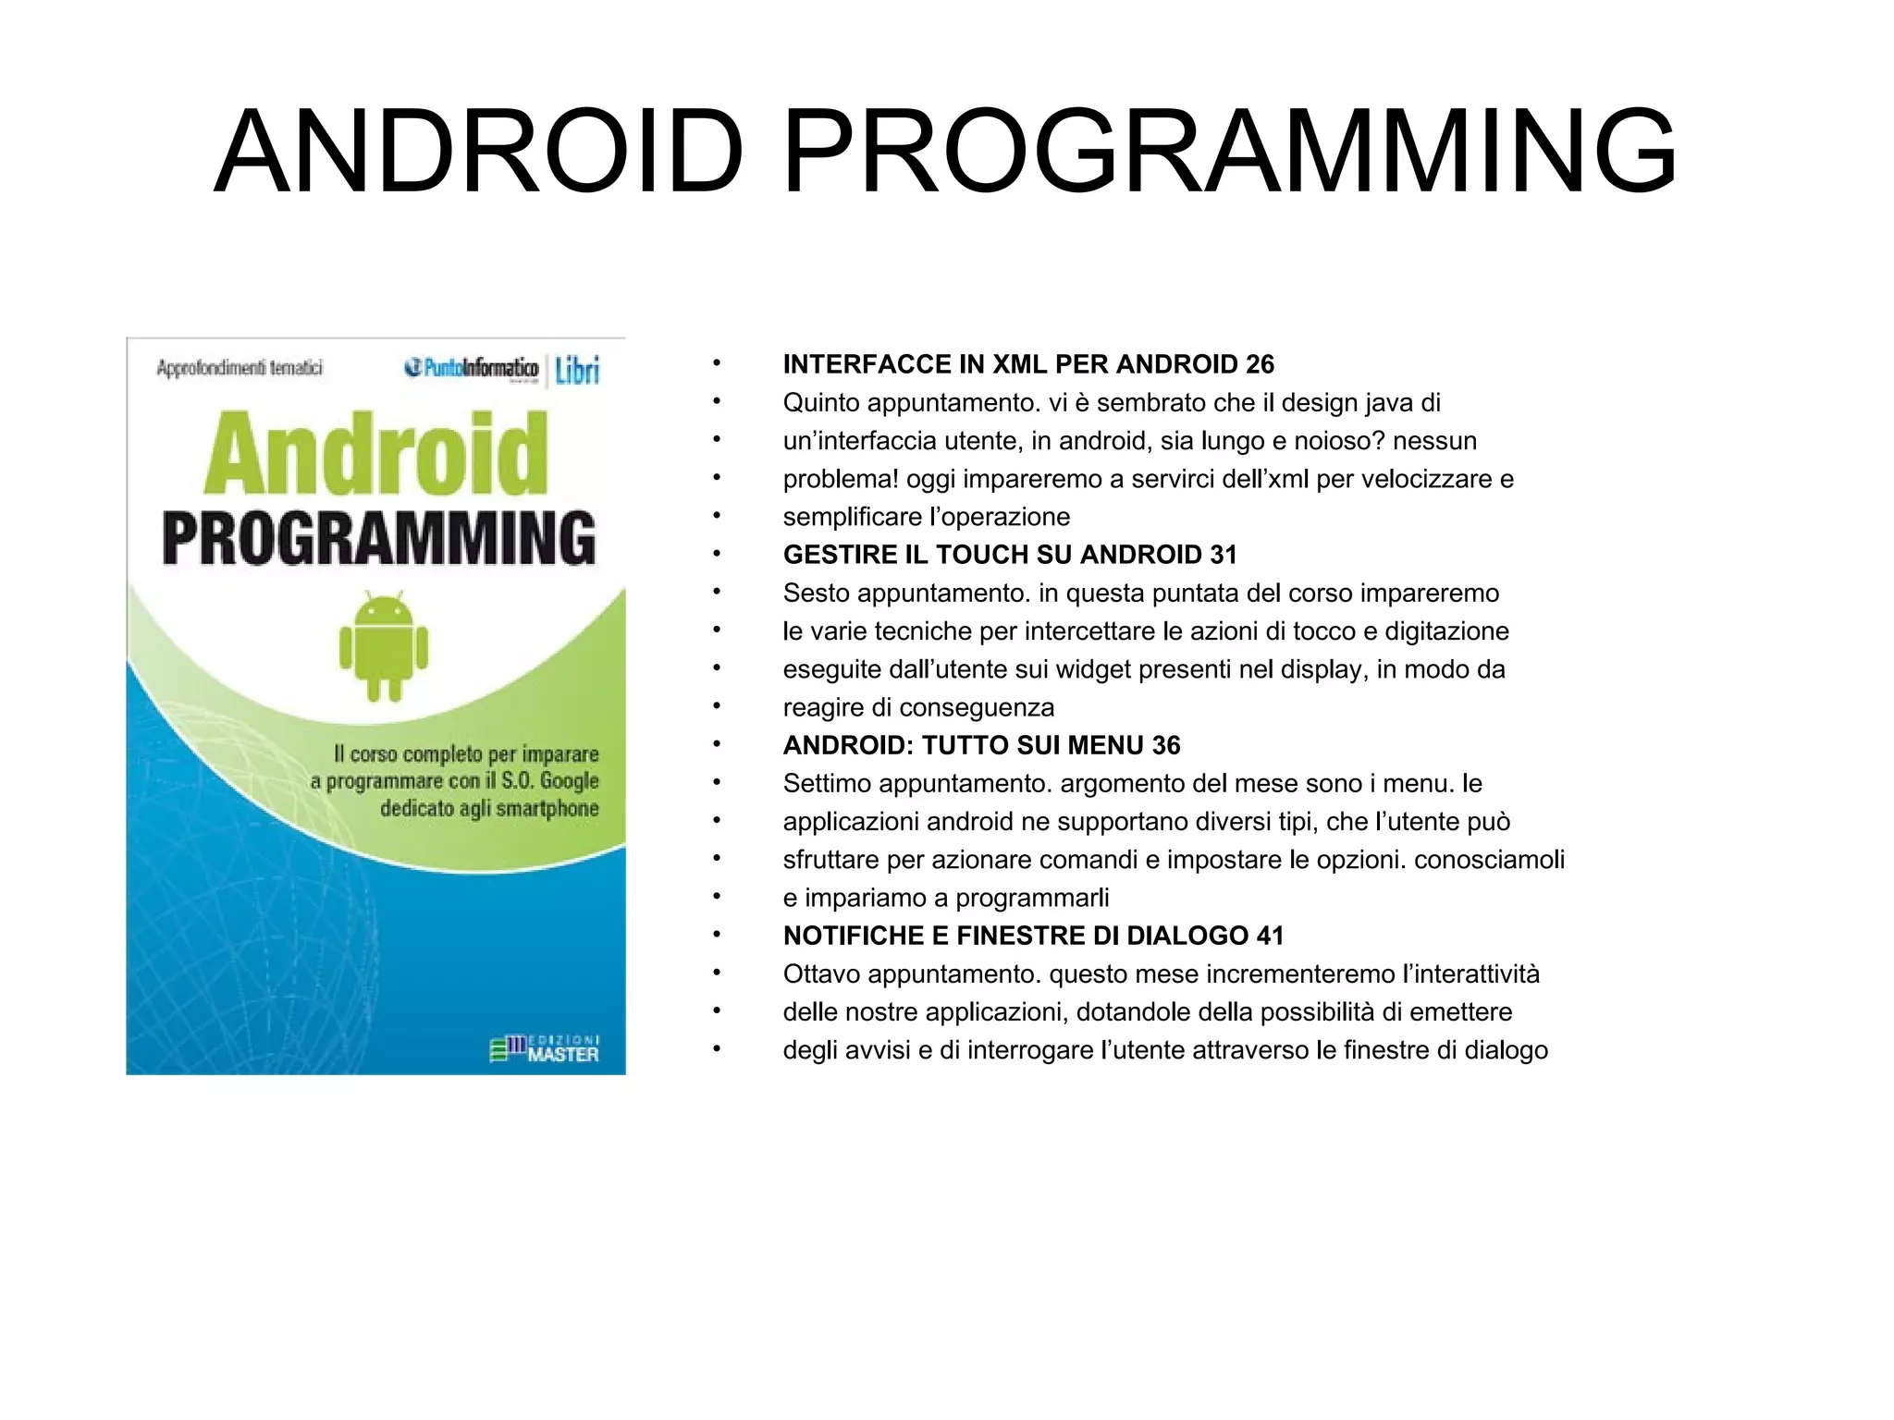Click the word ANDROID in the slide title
point(479,153)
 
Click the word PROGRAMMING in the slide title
point(1229,153)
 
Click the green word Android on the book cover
point(376,455)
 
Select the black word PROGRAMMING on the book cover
point(379,538)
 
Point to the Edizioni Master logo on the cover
point(545,1048)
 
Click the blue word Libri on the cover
point(577,370)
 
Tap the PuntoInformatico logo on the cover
point(472,368)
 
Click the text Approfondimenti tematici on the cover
point(240,368)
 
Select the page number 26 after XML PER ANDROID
point(1260,364)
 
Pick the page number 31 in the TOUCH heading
point(1223,555)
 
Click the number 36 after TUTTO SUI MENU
point(1166,745)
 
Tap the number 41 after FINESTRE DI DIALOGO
point(1270,936)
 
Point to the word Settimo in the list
point(827,784)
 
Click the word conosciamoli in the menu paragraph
point(1489,860)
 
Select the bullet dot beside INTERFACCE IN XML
point(716,364)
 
